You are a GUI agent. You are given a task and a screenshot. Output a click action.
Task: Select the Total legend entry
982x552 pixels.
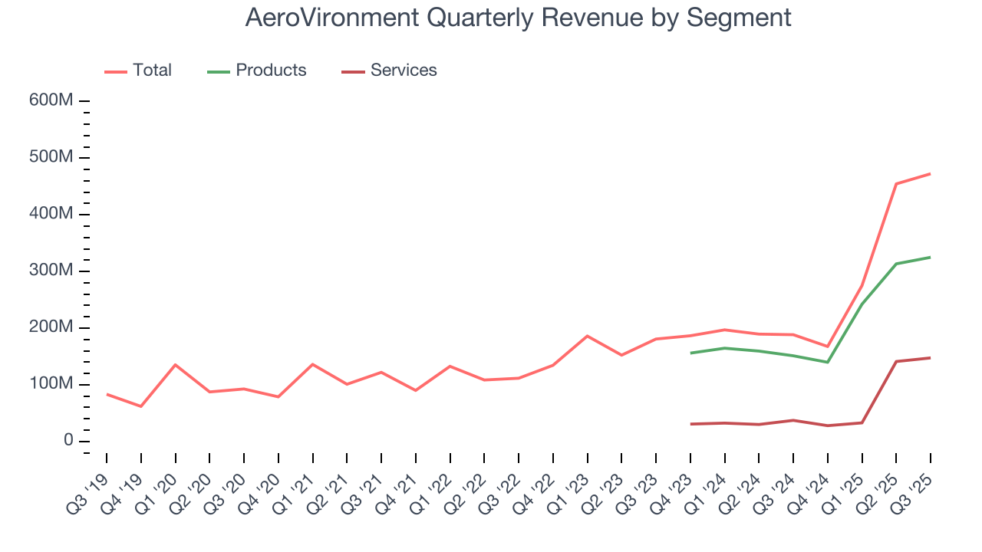[x=139, y=71]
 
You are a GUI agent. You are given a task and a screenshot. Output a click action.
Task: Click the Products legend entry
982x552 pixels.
[x=257, y=71]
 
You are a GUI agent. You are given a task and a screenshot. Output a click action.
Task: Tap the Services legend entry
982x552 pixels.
[x=390, y=71]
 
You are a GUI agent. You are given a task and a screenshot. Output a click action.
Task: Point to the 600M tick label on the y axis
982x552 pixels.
[x=52, y=101]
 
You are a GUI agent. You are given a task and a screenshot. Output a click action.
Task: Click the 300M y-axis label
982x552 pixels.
[x=52, y=271]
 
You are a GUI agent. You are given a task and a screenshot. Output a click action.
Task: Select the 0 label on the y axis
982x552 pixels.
[x=68, y=441]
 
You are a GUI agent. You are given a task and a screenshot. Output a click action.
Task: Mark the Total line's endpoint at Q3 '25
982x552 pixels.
[x=931, y=174]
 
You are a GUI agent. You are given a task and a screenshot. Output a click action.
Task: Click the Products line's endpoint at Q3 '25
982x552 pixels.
[x=931, y=257]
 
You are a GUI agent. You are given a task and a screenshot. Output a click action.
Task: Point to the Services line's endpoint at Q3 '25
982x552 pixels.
[x=931, y=358]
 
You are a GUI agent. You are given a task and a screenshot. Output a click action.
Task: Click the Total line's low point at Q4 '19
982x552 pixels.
[x=140, y=406]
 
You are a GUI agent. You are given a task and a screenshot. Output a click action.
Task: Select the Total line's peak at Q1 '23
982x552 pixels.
[x=587, y=336]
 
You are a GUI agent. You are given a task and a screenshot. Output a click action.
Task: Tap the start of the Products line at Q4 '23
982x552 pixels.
[x=690, y=353]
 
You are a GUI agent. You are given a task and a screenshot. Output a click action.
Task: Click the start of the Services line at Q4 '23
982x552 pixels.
[x=690, y=424]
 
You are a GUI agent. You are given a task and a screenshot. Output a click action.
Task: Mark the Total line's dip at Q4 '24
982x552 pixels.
[x=828, y=347]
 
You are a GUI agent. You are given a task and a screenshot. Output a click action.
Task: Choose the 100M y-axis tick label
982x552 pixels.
[x=52, y=384]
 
